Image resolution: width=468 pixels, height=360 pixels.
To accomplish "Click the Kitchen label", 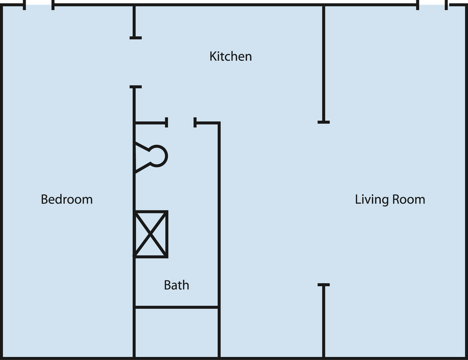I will pyautogui.click(x=230, y=56).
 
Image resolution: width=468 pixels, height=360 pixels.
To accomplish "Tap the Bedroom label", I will pyautogui.click(x=67, y=199).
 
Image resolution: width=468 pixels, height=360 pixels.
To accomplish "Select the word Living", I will pyautogui.click(x=369, y=200).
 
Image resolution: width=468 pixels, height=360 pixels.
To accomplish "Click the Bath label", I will pyautogui.click(x=176, y=285).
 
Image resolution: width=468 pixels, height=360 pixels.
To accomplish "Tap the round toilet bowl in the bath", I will pyautogui.click(x=158, y=156).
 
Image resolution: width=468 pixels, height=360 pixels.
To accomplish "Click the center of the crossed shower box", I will pyautogui.click(x=151, y=234).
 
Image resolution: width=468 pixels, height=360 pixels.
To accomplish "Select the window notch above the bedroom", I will pyautogui.click(x=39, y=5).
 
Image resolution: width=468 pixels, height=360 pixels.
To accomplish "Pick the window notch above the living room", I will pyautogui.click(x=432, y=5).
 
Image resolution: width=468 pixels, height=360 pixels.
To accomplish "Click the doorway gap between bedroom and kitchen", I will pyautogui.click(x=134, y=62).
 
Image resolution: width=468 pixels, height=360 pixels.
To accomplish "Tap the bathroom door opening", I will pyautogui.click(x=181, y=123).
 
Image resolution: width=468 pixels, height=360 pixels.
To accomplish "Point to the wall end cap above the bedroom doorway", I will pyautogui.click(x=135, y=38).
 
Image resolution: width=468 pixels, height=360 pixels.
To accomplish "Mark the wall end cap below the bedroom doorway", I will pyautogui.click(x=135, y=87).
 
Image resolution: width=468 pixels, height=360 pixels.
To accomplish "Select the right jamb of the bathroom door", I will pyautogui.click(x=196, y=123).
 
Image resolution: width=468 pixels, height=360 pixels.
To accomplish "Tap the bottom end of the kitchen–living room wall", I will pyautogui.click(x=324, y=122).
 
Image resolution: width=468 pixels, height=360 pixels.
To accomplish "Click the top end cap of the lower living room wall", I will pyautogui.click(x=324, y=285).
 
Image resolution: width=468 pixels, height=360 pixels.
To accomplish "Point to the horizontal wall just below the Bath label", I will pyautogui.click(x=176, y=307).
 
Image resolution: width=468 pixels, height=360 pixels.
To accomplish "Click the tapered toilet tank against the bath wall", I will pyautogui.click(x=142, y=157).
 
